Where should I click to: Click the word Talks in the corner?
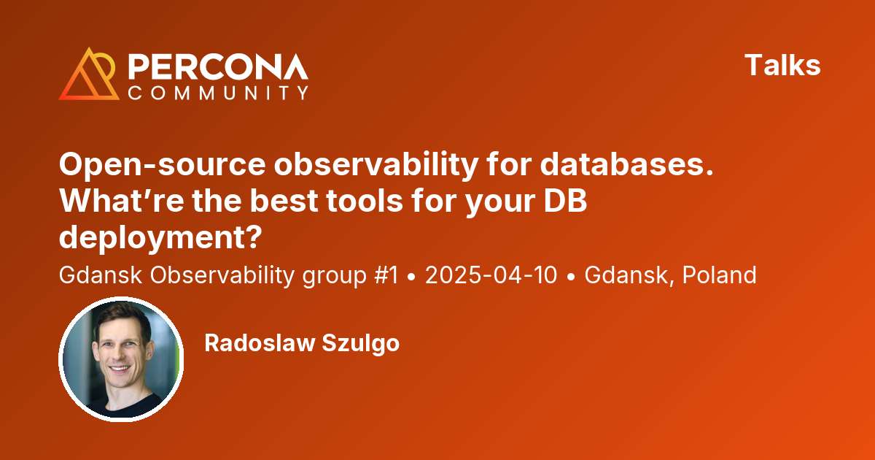point(782,66)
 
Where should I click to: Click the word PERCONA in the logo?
point(218,67)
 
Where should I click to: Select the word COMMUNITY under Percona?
point(218,93)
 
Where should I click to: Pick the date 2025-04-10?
point(491,275)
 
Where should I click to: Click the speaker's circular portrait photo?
point(121,359)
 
